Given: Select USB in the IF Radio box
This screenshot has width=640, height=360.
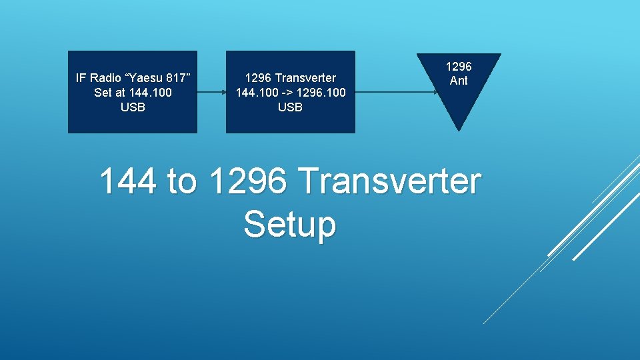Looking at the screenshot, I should [133, 107].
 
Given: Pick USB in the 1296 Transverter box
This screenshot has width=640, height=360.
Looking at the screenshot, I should [290, 107].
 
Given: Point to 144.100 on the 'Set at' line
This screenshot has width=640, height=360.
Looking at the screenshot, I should [153, 92].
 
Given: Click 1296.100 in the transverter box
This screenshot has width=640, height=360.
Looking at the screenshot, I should [319, 92].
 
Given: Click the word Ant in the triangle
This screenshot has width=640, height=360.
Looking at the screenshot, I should [459, 81].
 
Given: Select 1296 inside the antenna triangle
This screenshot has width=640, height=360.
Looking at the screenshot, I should [459, 67].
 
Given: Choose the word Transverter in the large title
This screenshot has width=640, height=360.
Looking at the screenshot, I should [389, 181].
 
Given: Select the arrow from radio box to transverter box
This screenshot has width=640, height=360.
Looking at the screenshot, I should [211, 92].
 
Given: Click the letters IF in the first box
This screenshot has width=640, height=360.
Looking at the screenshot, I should [81, 78].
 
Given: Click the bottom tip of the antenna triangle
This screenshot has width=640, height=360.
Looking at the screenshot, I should [459, 129].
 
